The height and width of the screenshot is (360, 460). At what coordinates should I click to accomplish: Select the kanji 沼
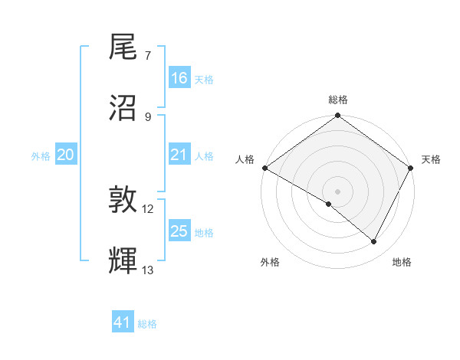[x=123, y=107]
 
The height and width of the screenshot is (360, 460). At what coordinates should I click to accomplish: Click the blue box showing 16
[x=179, y=78]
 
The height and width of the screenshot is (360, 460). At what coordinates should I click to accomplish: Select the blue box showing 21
[x=179, y=155]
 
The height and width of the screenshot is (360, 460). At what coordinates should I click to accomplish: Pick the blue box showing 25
[x=179, y=231]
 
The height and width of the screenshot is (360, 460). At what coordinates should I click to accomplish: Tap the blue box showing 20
[x=66, y=155]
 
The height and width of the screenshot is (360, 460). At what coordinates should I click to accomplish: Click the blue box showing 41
[x=123, y=322]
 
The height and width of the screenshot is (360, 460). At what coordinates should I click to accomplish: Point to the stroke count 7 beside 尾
[x=148, y=56]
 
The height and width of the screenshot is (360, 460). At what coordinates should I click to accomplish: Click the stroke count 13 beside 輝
[x=148, y=270]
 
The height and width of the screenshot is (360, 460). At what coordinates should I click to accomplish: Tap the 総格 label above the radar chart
[x=338, y=100]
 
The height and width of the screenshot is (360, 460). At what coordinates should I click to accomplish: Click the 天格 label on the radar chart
[x=431, y=159]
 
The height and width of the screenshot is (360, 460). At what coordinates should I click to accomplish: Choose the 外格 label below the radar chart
[x=270, y=263]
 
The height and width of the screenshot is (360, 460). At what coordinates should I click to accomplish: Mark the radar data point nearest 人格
[x=264, y=168]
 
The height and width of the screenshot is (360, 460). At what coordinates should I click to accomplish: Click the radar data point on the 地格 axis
[x=374, y=242]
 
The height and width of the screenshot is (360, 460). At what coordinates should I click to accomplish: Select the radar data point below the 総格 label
[x=338, y=116]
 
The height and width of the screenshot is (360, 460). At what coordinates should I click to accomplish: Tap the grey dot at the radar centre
[x=338, y=191]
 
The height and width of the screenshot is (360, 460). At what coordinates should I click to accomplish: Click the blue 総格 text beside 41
[x=147, y=324]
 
